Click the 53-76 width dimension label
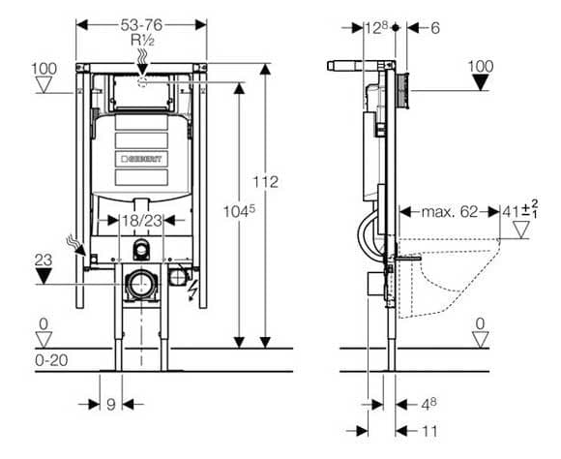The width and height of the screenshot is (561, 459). [x=141, y=25]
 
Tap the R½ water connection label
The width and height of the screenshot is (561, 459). [x=142, y=40]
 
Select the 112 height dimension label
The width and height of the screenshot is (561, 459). [x=265, y=182]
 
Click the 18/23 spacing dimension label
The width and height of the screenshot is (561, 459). [x=142, y=221]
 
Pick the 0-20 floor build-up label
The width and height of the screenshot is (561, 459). [x=51, y=360]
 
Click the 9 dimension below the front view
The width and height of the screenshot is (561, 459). [x=111, y=405]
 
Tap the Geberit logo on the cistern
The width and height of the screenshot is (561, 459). [x=141, y=159]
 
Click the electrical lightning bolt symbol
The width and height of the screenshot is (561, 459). [x=192, y=290]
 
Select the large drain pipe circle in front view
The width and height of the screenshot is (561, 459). [x=141, y=285]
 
